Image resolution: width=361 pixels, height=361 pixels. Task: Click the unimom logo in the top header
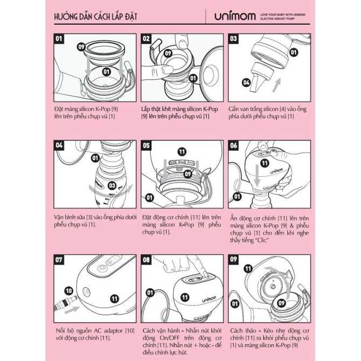232,16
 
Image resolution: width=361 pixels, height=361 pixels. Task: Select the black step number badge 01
59,39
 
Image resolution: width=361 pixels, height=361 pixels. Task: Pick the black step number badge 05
146,145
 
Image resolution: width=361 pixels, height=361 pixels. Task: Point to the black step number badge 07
59,259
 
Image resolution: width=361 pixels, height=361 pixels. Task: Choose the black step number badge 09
233,259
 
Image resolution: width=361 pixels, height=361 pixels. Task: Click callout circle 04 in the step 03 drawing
246,83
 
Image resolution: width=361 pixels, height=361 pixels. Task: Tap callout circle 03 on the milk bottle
112,186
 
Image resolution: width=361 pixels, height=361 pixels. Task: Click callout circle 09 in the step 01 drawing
81,47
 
